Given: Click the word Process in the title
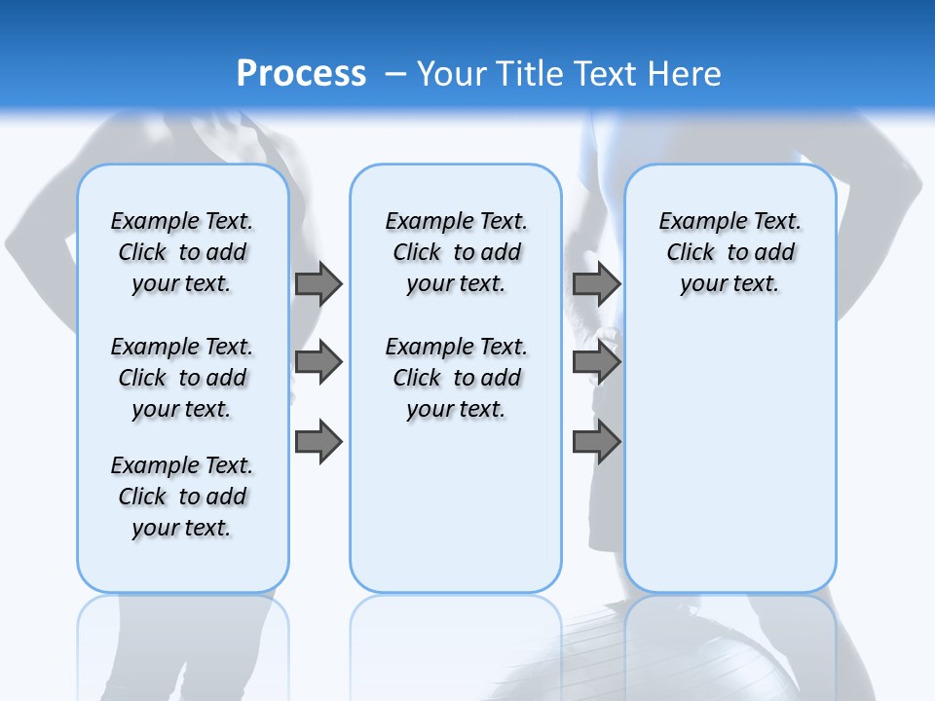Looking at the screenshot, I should click(301, 74).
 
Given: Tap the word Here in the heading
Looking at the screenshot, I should click(687, 74).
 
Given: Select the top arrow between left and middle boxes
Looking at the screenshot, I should click(318, 283).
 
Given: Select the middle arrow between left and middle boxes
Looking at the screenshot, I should click(318, 362).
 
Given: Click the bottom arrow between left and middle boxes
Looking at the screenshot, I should click(318, 442).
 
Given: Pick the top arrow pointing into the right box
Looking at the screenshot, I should click(595, 283).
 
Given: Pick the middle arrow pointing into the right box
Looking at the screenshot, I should click(595, 362).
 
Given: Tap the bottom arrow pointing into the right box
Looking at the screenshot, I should click(595, 442).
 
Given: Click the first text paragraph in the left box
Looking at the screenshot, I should click(182, 252).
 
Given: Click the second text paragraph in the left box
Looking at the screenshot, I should click(182, 378).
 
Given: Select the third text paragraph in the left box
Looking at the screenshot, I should click(182, 497).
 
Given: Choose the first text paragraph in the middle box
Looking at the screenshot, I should click(456, 252).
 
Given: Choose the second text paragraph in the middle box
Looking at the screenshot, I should click(456, 378).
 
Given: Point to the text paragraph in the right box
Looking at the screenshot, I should click(729, 252).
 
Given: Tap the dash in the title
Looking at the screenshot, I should click(395, 74).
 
